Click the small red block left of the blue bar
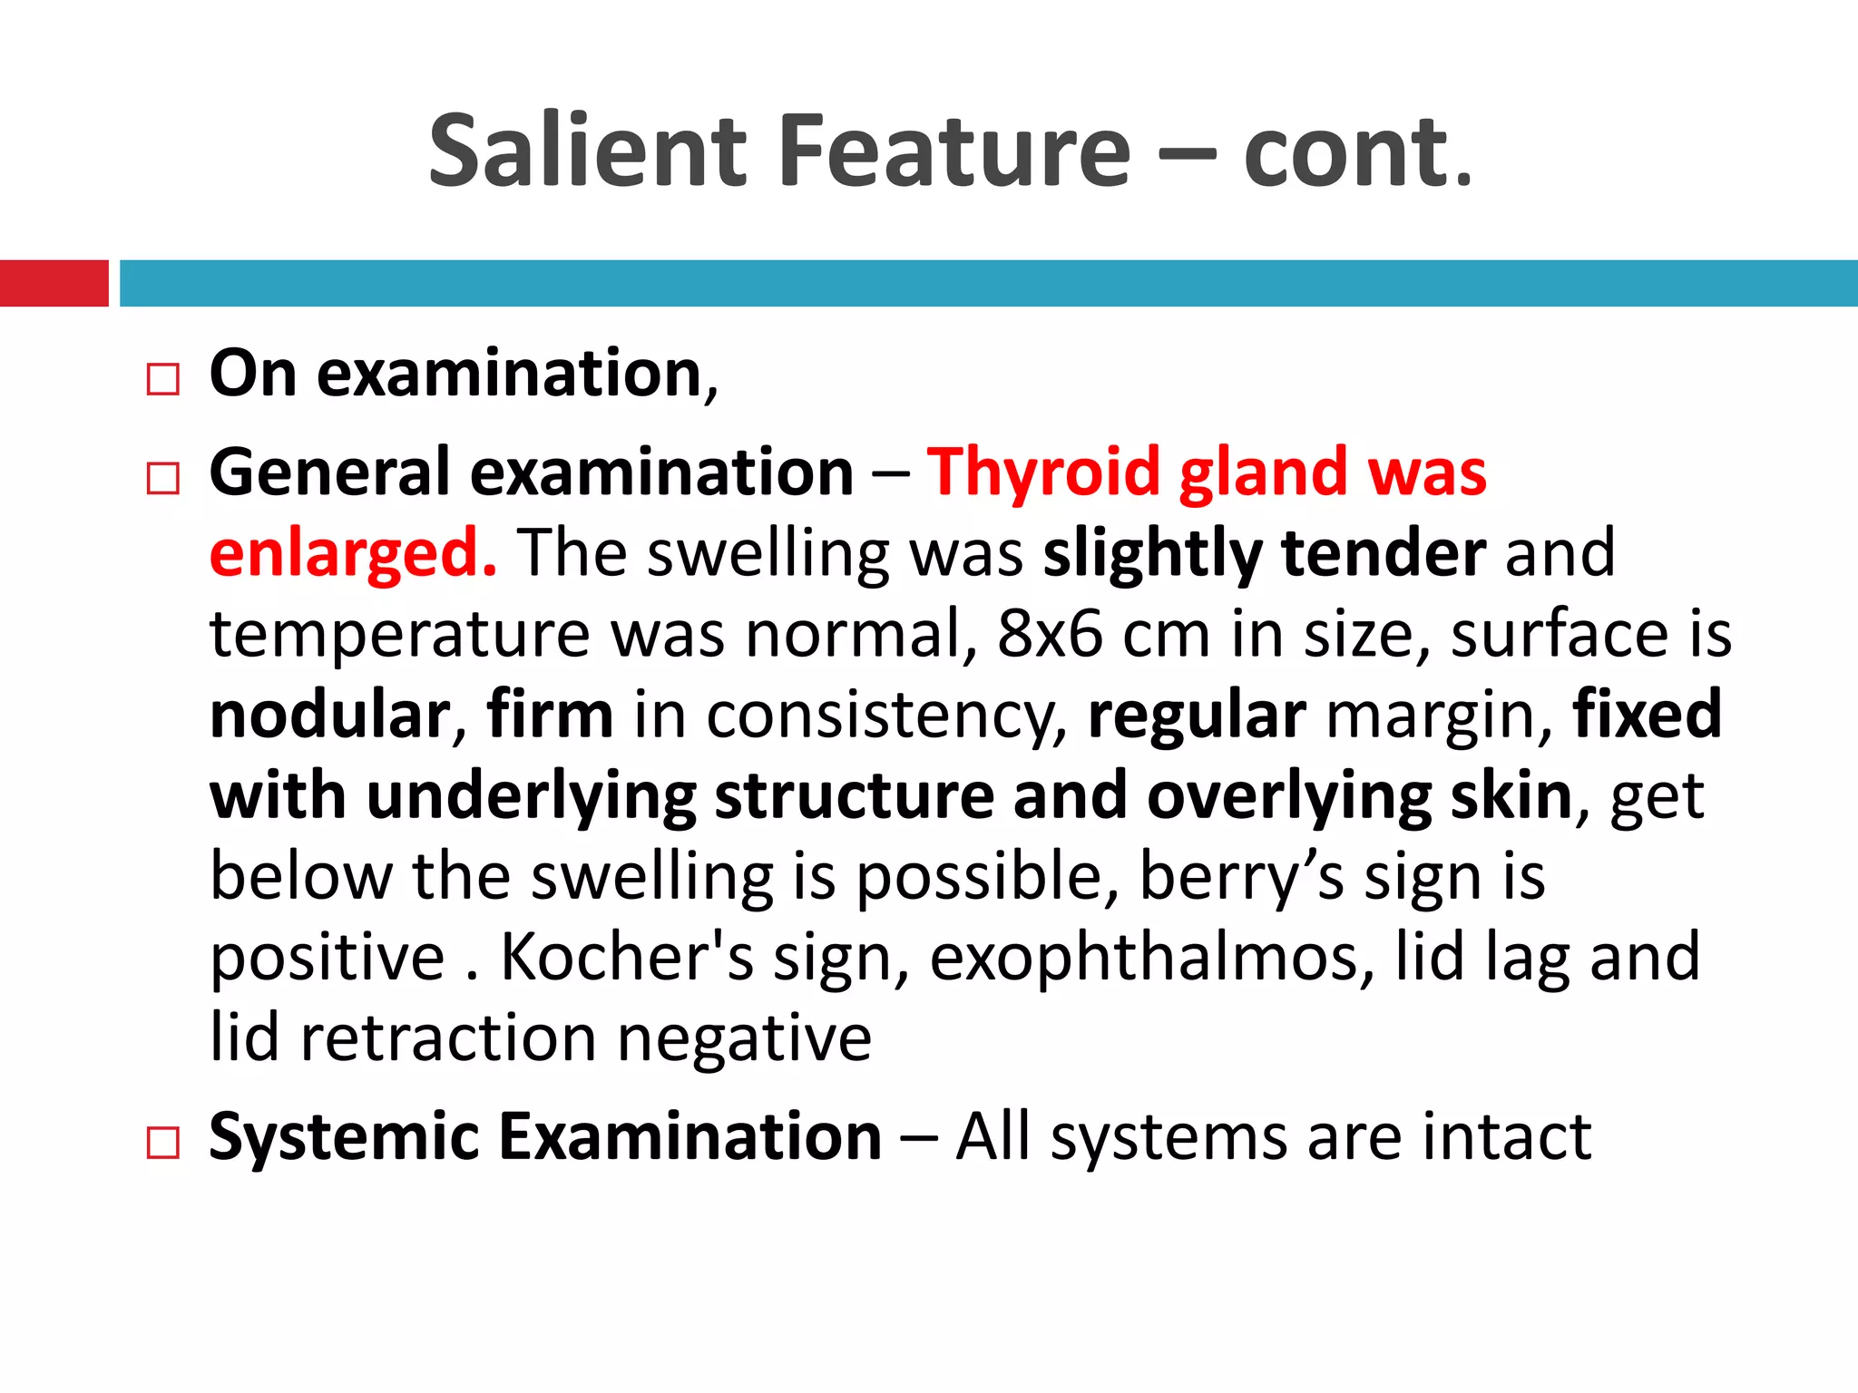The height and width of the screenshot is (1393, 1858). pyautogui.click(x=54, y=283)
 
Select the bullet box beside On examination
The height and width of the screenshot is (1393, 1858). pyautogui.click(x=163, y=379)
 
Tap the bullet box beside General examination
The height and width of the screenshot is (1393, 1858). pyautogui.click(x=163, y=478)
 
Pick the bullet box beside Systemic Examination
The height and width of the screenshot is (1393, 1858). pyautogui.click(x=163, y=1143)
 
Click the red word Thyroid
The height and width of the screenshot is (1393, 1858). pyautogui.click(x=1043, y=473)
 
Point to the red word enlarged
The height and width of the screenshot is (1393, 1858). pyautogui.click(x=353, y=553)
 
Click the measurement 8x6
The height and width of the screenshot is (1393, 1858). pyautogui.click(x=1050, y=633)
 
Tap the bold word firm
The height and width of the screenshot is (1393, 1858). pyautogui.click(x=550, y=715)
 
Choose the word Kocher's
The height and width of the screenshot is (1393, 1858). pyautogui.click(x=627, y=957)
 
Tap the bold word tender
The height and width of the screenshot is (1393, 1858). pyautogui.click(x=1384, y=553)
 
